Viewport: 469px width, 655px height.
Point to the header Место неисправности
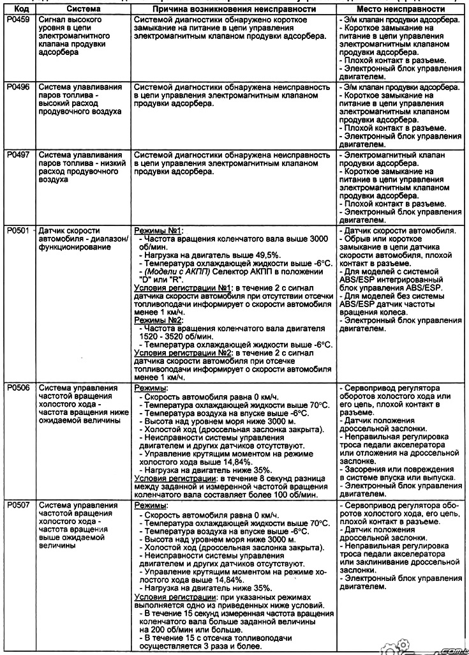[399, 10]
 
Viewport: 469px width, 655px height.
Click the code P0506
[19, 388]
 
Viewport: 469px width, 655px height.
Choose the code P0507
[19, 504]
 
